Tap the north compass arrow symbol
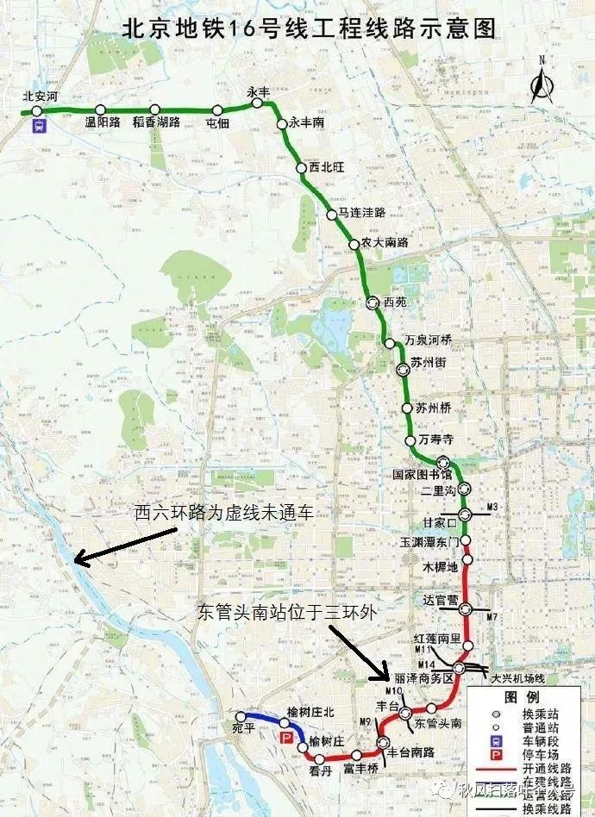pyautogui.click(x=542, y=84)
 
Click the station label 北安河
pyautogui.click(x=40, y=97)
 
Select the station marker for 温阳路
pyautogui.click(x=101, y=109)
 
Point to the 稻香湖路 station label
pyautogui.click(x=156, y=122)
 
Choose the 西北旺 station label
pyautogui.click(x=326, y=168)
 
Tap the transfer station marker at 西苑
pyautogui.click(x=372, y=302)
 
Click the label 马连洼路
pyautogui.click(x=361, y=213)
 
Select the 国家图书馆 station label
pyautogui.click(x=422, y=475)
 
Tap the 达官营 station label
pyautogui.click(x=442, y=600)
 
